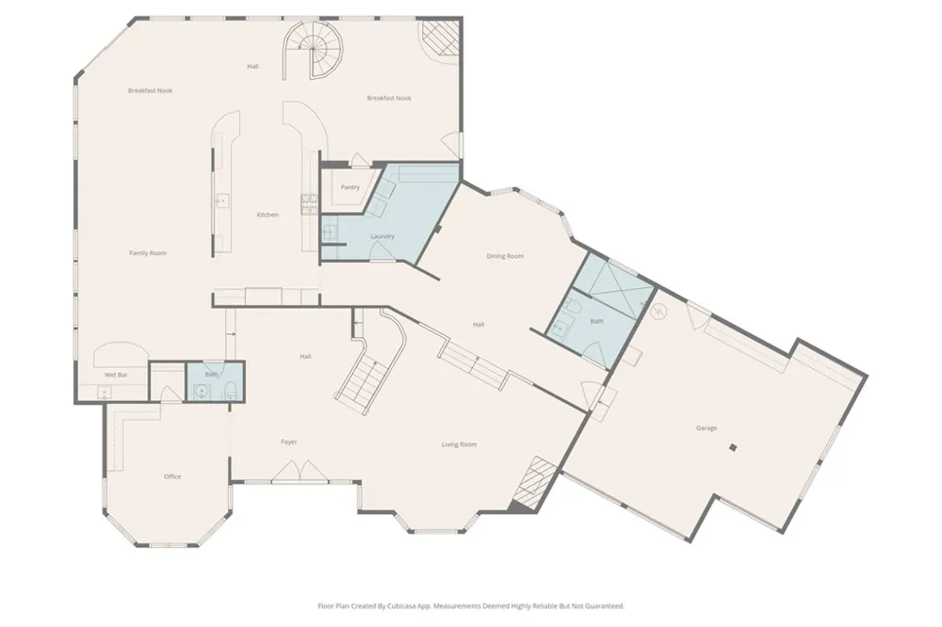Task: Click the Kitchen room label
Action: (x=268, y=215)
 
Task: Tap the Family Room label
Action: (x=148, y=253)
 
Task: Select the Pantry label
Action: (x=350, y=187)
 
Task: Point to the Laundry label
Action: (x=382, y=236)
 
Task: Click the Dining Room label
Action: (x=505, y=256)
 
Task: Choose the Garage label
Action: (x=706, y=428)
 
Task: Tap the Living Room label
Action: (x=459, y=444)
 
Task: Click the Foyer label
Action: (x=289, y=442)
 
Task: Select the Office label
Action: (x=172, y=476)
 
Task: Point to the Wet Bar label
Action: (x=116, y=375)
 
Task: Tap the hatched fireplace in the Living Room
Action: (x=532, y=482)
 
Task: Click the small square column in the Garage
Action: (x=732, y=447)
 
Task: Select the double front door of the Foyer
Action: (x=300, y=471)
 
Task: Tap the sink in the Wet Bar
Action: (x=105, y=394)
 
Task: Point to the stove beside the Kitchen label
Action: (x=309, y=204)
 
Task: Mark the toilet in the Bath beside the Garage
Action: (x=575, y=308)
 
